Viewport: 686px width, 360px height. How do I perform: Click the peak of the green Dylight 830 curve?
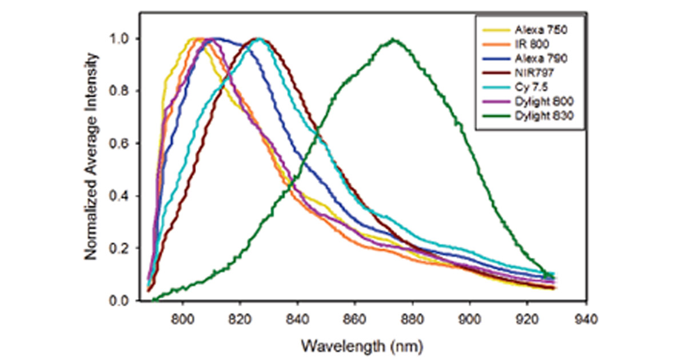tap(393, 39)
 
